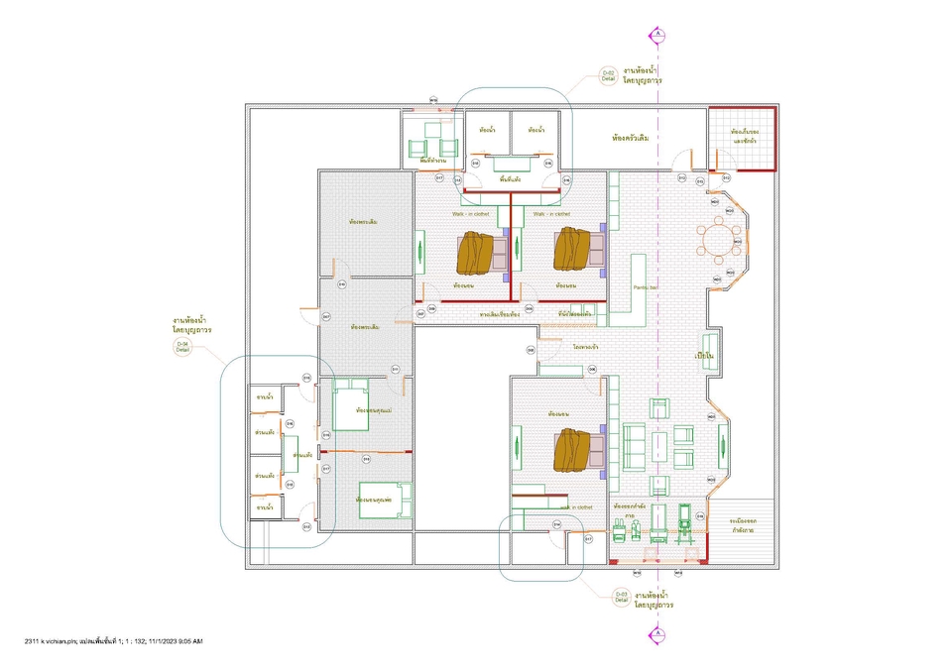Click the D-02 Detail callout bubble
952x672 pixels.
(609, 75)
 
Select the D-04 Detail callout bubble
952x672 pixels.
(182, 346)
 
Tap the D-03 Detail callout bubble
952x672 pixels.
(621, 597)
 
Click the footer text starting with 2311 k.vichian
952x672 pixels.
(113, 642)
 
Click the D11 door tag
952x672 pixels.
(395, 369)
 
